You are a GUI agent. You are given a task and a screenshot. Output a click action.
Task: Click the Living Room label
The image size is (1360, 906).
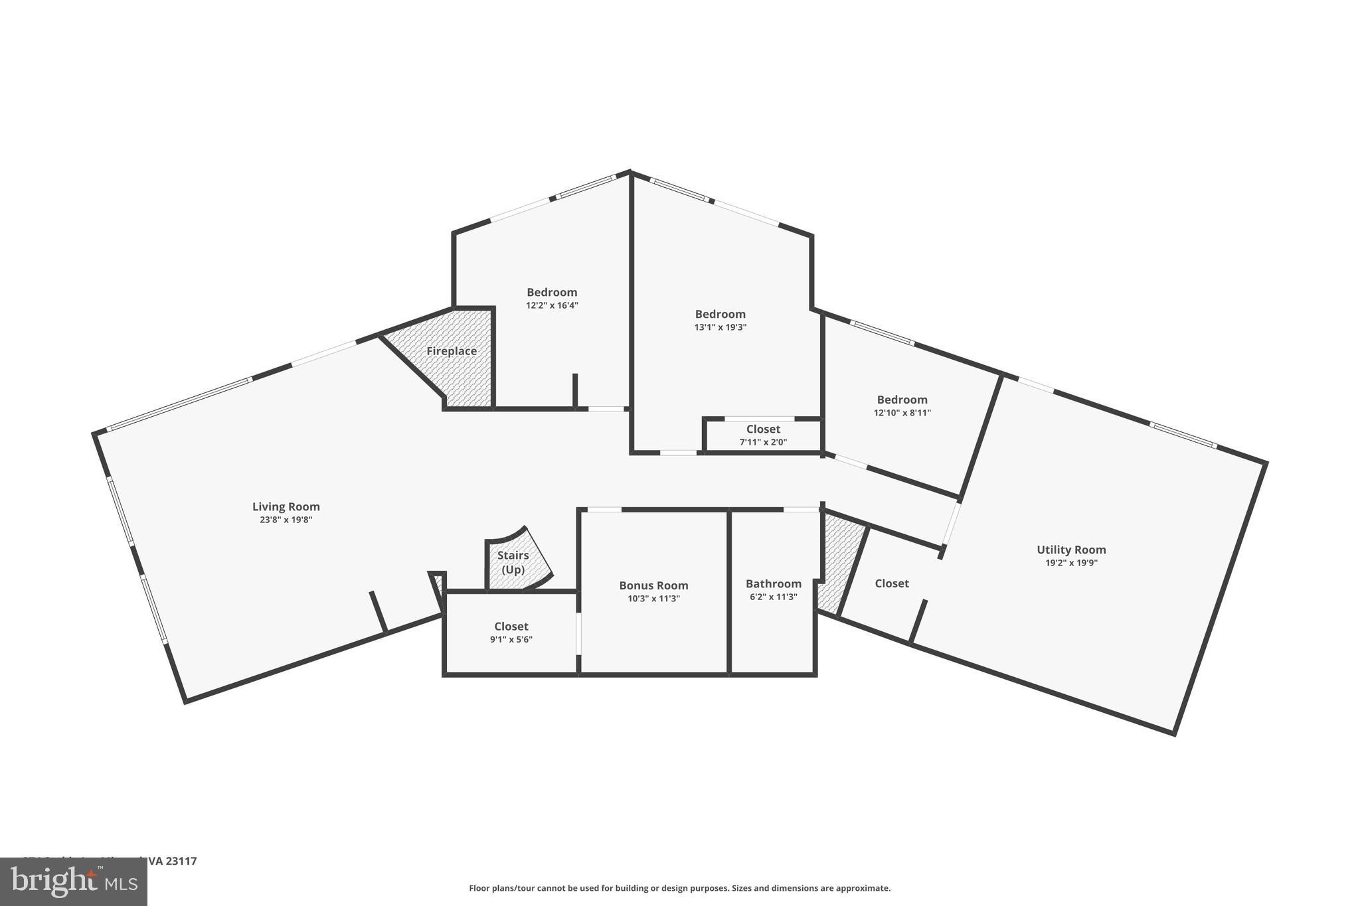pyautogui.click(x=286, y=506)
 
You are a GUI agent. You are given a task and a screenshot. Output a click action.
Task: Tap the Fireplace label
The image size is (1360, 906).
pyautogui.click(x=451, y=351)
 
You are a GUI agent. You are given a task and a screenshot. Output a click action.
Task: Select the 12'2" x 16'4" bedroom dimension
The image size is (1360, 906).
pyautogui.click(x=552, y=305)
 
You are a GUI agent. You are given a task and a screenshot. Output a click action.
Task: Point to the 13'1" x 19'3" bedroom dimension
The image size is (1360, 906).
pyautogui.click(x=720, y=327)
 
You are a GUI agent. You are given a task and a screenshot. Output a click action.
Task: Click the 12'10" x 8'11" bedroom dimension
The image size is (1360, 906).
pyautogui.click(x=902, y=413)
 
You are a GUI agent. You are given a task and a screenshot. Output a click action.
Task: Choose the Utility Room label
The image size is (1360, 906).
pyautogui.click(x=1070, y=550)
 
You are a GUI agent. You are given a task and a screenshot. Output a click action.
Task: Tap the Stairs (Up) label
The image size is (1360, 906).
pyautogui.click(x=513, y=562)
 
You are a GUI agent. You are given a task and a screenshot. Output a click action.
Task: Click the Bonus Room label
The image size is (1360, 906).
pyautogui.click(x=653, y=585)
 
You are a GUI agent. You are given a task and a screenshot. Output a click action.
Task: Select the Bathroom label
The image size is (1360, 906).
pyautogui.click(x=773, y=583)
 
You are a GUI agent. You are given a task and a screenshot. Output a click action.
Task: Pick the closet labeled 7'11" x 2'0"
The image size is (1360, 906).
pyautogui.click(x=763, y=442)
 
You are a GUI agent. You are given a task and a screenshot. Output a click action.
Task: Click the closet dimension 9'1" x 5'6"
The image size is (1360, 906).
pyautogui.click(x=511, y=640)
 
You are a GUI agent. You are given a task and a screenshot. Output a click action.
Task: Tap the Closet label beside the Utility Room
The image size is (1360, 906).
pyautogui.click(x=891, y=583)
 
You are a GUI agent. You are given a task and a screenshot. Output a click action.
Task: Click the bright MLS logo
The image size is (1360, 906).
pyautogui.click(x=73, y=881)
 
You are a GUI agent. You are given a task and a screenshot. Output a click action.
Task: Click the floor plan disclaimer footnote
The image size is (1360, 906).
pyautogui.click(x=679, y=888)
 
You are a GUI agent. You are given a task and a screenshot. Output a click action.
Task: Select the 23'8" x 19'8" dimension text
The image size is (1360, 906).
pyautogui.click(x=286, y=520)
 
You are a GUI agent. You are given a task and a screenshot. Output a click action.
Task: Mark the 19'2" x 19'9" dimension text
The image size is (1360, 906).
pyautogui.click(x=1070, y=563)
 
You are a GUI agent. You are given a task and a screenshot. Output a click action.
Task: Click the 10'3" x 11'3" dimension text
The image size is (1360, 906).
pyautogui.click(x=653, y=599)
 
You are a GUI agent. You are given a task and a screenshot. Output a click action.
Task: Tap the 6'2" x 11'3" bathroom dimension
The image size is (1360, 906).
pyautogui.click(x=773, y=597)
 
